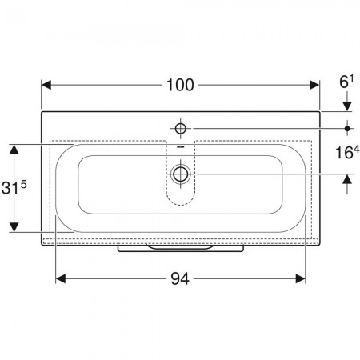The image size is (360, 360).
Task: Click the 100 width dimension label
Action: click(180, 86)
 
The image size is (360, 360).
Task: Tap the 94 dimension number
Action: click(180, 279)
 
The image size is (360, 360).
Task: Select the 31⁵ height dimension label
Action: click(14, 186)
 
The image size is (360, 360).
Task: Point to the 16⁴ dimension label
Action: click(347, 152)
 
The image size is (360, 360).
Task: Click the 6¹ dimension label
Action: click(346, 82)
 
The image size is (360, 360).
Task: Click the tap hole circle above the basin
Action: click(181, 129)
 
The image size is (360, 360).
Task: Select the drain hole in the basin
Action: click(181, 174)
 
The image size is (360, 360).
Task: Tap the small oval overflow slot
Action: click(181, 146)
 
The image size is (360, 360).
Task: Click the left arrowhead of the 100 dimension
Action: click(46, 85)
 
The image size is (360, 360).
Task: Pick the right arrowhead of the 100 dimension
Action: click(314, 85)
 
